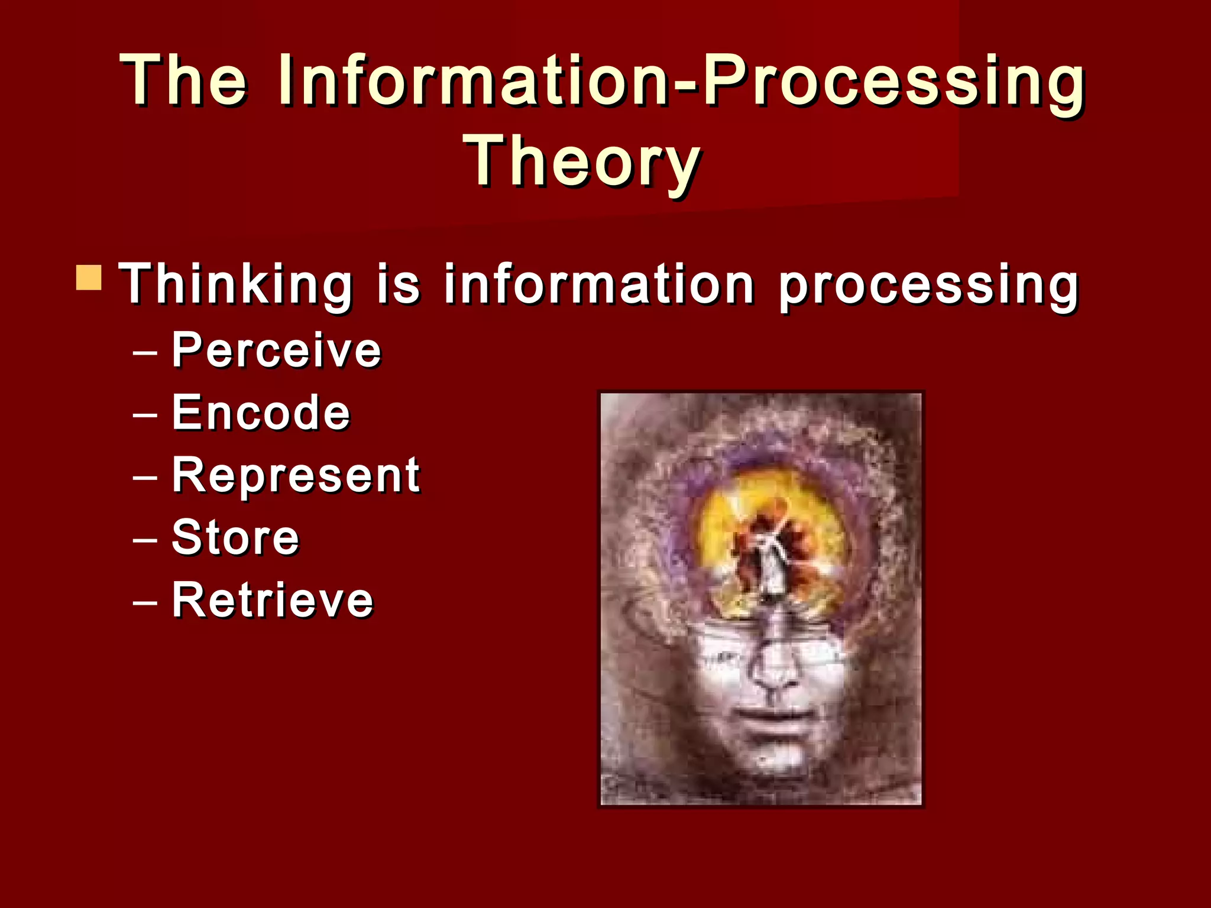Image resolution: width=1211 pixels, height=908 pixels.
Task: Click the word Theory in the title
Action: click(x=583, y=161)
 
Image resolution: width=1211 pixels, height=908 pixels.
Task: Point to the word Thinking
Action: click(x=235, y=284)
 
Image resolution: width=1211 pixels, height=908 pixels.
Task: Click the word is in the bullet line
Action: click(x=398, y=284)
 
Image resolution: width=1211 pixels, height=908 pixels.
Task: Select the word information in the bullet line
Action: click(x=599, y=284)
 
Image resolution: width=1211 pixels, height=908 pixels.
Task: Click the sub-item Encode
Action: click(x=261, y=413)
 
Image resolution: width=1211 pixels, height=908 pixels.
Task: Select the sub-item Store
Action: click(x=235, y=538)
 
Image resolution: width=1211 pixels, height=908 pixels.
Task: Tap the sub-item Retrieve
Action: click(x=273, y=601)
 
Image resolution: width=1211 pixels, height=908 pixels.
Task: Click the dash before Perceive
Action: click(x=145, y=352)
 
